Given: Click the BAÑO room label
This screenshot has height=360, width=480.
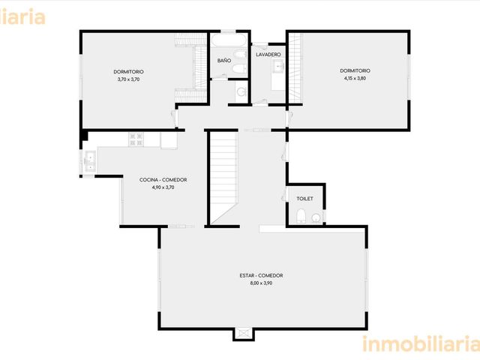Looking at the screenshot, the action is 224,61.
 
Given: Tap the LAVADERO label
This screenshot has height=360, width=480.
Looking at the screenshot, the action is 268,55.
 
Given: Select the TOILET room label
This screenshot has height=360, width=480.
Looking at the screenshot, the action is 305,199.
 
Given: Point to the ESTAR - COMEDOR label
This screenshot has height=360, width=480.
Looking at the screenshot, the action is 261,275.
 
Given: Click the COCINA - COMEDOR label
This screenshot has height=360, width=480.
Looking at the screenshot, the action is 163,180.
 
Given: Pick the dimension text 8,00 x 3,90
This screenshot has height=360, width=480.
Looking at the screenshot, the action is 261,283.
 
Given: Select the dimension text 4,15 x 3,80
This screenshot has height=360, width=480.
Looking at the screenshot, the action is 355,78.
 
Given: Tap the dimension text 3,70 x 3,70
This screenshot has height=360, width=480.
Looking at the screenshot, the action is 128,79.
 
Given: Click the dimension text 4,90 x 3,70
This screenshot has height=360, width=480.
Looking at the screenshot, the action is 163,187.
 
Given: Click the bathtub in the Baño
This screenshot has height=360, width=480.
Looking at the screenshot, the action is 228,40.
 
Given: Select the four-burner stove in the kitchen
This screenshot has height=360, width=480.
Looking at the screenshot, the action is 136,139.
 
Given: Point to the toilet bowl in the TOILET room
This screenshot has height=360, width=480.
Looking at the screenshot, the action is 301,215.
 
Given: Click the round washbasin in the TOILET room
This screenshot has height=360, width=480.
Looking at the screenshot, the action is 316,218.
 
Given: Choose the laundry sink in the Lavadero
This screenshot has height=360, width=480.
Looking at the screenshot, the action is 278,67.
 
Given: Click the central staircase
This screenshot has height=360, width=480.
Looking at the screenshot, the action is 223,178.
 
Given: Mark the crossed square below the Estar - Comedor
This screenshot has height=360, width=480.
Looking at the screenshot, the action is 244,334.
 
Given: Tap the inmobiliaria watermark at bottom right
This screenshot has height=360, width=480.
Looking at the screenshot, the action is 421,343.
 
